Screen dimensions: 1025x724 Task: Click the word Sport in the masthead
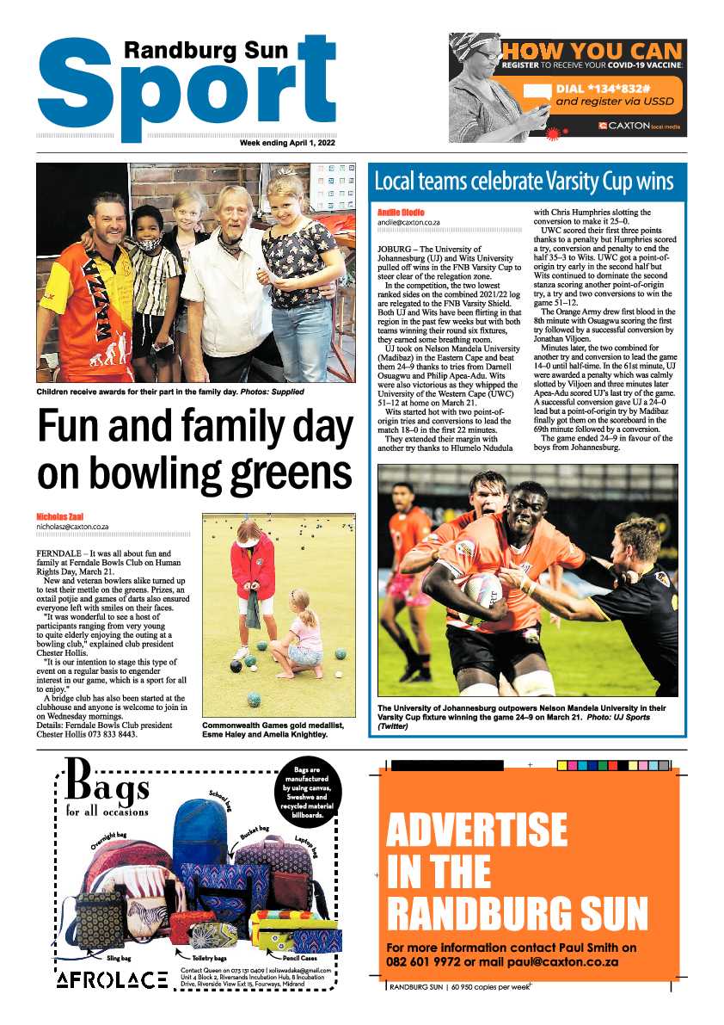pyautogui.click(x=185, y=86)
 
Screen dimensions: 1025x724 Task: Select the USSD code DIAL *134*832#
pyautogui.click(x=607, y=88)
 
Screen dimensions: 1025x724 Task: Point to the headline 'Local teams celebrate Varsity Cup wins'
pyautogui.click(x=524, y=182)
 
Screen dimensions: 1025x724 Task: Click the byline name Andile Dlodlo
pyautogui.click(x=401, y=212)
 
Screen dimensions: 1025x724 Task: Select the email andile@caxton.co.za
pyautogui.click(x=408, y=222)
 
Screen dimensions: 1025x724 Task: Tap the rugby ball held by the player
pyautogui.click(x=482, y=591)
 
